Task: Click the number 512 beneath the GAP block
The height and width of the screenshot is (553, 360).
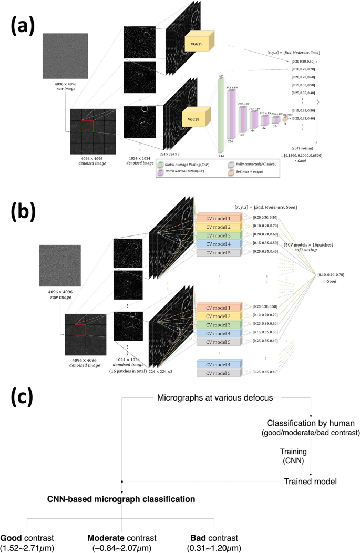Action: [221, 155]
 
